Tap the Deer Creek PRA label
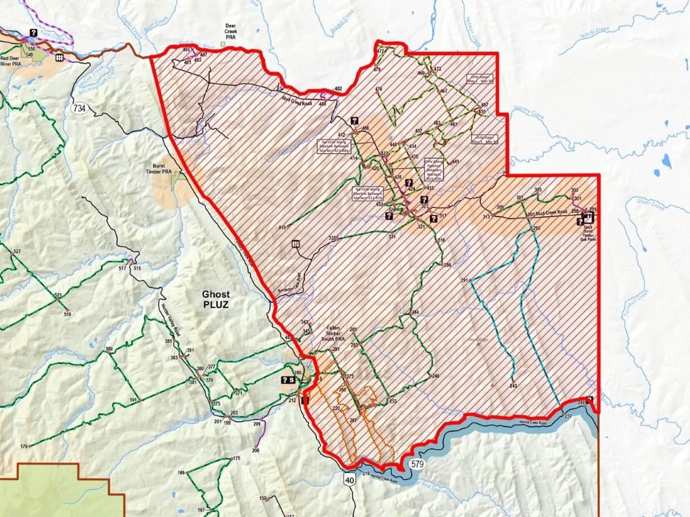coord(231,32)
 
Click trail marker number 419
coord(282,227)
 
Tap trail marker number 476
coord(378,90)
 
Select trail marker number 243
coord(513,387)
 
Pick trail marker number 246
coord(435,376)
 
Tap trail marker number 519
coord(68,314)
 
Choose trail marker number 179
coord(24,447)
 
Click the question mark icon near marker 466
coord(354,120)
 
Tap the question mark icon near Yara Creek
coord(32,32)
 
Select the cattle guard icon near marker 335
coord(296,243)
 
